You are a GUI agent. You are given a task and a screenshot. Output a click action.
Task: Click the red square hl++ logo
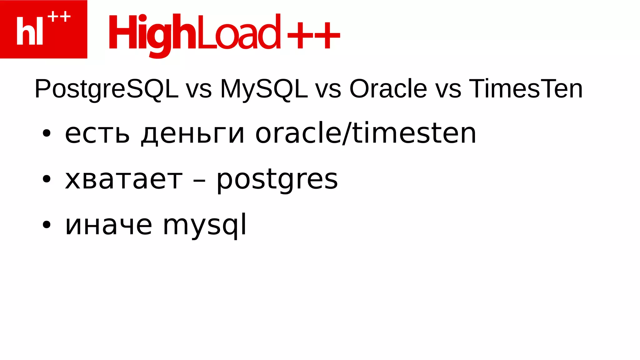pos(43,29)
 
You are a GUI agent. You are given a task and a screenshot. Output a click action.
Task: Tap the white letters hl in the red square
pos(29,31)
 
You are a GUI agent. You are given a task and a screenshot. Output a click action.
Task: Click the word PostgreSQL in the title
pos(106,89)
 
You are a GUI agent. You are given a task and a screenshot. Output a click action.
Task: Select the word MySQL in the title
pos(264,89)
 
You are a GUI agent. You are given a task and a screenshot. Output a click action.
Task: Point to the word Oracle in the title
pos(388,89)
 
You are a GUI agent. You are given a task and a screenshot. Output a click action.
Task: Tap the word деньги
pos(192,134)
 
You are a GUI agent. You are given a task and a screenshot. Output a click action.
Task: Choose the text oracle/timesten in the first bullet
pos(366,133)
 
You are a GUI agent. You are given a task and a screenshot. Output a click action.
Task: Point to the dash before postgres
pos(199,181)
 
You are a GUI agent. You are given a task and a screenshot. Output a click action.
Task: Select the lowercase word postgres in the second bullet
pos(277,181)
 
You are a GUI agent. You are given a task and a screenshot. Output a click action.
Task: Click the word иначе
pos(109,225)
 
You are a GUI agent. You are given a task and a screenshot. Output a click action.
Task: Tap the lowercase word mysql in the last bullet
pos(205,226)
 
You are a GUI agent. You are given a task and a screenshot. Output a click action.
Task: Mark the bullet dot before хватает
pos(46,179)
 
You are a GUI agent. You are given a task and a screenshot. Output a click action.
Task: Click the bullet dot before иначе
pos(46,225)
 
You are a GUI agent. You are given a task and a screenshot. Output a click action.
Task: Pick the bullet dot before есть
pos(46,133)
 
